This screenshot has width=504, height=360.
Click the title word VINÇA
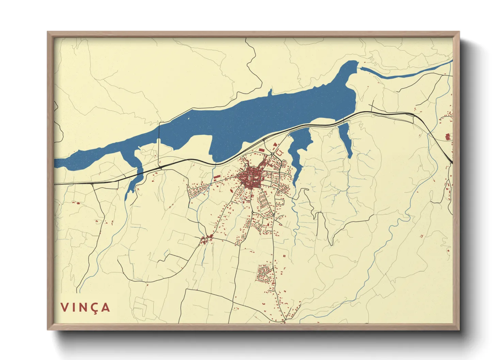tap(85, 307)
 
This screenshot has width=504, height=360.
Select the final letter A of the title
tap(106, 307)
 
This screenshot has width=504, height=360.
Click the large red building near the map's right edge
tap(448, 137)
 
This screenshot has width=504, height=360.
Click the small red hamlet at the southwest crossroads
tap(205, 240)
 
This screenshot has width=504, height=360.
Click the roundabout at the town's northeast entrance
tap(272, 155)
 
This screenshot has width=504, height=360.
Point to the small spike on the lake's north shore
tap(270, 92)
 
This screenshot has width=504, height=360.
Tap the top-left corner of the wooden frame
tap(48, 33)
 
